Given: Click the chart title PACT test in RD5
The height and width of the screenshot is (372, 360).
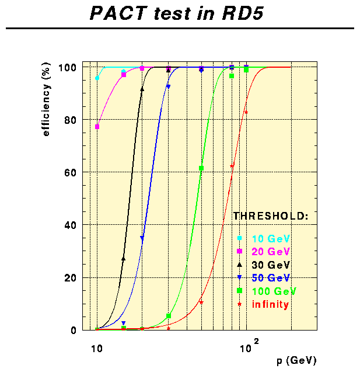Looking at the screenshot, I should [x=177, y=13].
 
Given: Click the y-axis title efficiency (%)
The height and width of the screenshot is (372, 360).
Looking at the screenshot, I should [x=46, y=102].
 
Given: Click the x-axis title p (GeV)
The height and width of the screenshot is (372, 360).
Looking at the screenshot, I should [x=297, y=360].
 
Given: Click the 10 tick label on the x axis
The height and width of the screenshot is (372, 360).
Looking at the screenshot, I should [x=97, y=350].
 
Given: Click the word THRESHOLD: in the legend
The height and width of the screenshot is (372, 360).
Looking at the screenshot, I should [x=271, y=216].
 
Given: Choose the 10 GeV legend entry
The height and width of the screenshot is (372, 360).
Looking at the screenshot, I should [x=271, y=238].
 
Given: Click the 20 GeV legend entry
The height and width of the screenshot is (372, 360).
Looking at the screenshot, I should [x=271, y=251].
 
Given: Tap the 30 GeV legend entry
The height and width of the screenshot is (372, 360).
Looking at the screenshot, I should [x=271, y=265].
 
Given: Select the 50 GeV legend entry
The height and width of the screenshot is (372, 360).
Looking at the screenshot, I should [x=271, y=277].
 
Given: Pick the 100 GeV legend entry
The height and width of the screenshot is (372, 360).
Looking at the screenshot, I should [x=274, y=291].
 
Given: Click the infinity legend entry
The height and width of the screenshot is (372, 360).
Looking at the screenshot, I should [x=270, y=304].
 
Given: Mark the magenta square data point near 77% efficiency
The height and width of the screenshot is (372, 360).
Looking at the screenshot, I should [x=97, y=127].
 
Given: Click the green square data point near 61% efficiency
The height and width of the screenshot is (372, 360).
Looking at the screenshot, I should [x=201, y=168].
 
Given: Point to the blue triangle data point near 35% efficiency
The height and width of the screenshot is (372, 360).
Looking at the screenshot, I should [x=142, y=238].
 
